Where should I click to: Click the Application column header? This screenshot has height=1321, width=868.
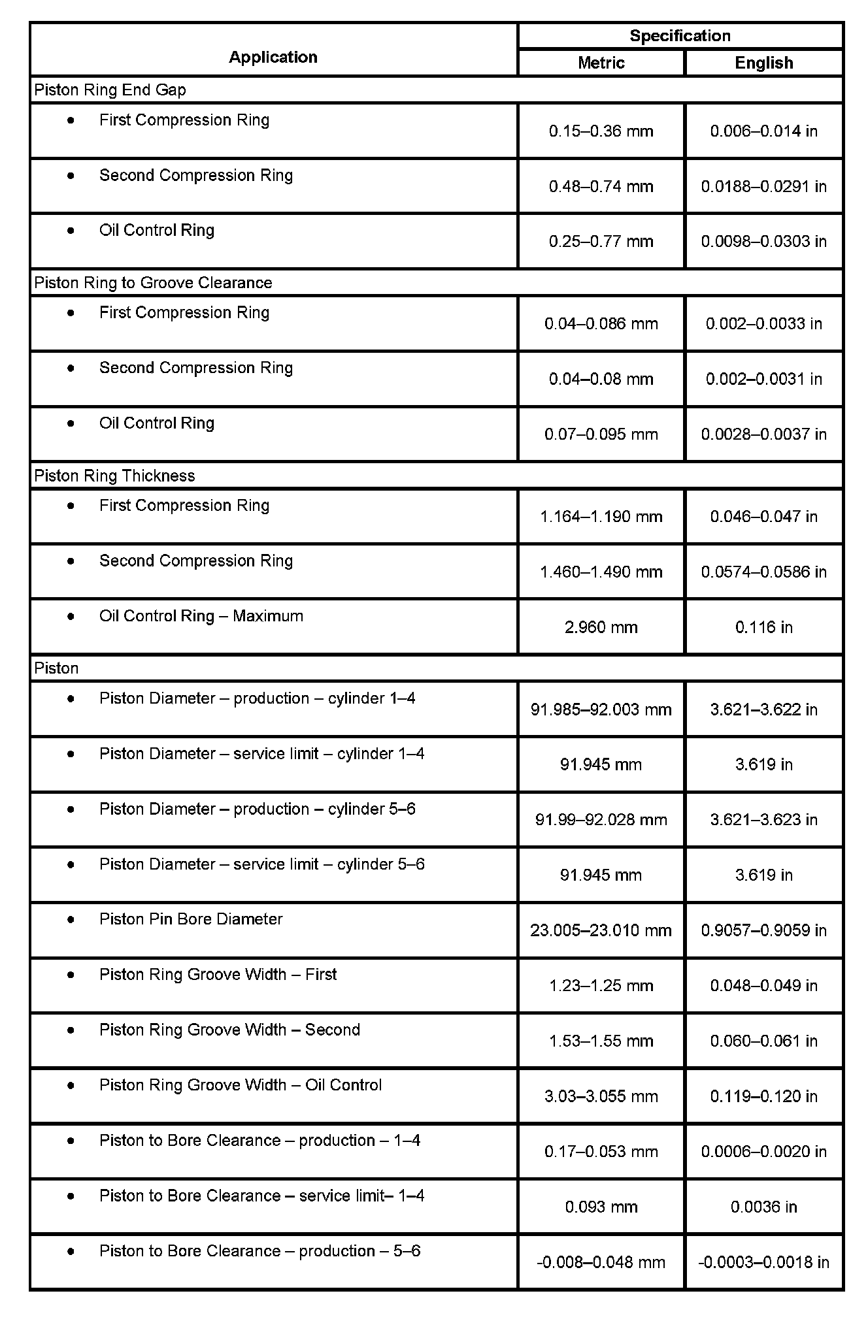273,57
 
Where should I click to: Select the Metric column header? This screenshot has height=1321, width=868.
601,63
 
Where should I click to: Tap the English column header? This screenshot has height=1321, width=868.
763,63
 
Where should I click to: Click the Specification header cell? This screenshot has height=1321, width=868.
680,35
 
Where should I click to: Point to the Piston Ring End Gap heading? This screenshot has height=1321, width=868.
110,90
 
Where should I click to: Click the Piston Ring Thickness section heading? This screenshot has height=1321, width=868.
114,476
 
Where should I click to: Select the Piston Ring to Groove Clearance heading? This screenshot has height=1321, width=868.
153,282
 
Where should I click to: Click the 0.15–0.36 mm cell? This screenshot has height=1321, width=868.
601,131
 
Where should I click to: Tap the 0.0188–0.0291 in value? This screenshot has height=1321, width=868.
763,186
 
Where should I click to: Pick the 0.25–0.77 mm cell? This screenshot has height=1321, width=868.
601,241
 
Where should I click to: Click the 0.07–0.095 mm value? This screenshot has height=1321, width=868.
601,434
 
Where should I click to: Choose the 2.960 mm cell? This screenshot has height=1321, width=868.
601,627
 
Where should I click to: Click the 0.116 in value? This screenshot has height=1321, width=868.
763,627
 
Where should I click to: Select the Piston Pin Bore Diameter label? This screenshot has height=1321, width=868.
191,919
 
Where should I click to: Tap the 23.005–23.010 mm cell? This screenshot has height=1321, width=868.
601,930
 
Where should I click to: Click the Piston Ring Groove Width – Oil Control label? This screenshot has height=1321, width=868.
241,1085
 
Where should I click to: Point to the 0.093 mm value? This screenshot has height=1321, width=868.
601,1207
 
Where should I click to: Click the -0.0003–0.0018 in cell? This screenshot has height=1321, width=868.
763,1262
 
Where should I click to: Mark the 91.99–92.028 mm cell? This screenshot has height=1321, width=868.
601,819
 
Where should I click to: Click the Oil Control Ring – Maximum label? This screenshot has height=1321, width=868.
201,615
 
